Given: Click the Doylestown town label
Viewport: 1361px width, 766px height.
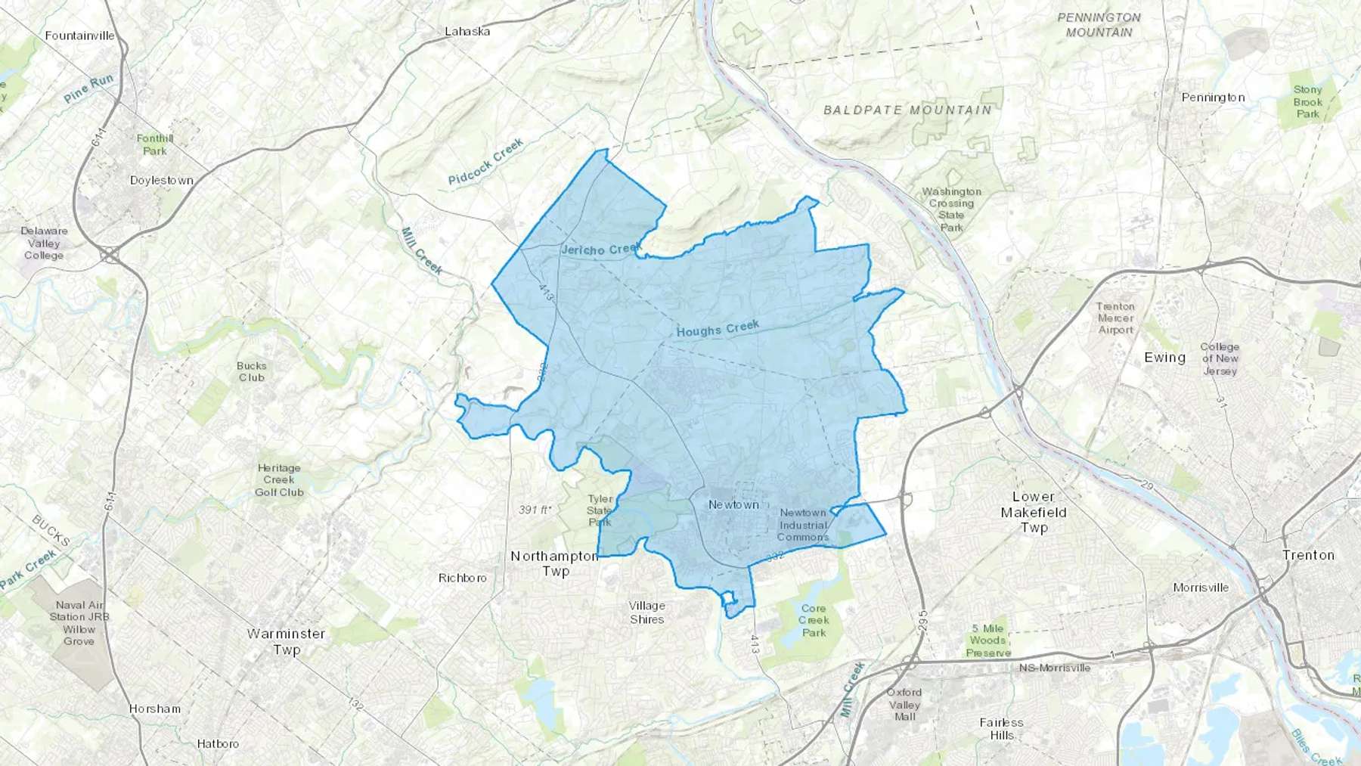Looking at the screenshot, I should (x=161, y=181).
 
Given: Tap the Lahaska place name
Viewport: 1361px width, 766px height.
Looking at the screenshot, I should (x=467, y=32).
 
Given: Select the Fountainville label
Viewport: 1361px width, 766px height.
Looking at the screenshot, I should (x=79, y=36).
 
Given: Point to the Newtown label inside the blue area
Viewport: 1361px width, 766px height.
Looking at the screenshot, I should (x=733, y=504).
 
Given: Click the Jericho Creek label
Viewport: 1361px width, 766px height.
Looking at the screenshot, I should (x=601, y=249).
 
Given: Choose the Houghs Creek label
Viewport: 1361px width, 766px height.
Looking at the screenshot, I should (x=718, y=329).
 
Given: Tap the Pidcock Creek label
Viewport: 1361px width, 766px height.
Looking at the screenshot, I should (x=485, y=162).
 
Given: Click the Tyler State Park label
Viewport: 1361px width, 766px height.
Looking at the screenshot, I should (x=600, y=510).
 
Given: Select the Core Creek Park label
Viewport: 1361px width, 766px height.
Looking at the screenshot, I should (x=814, y=620).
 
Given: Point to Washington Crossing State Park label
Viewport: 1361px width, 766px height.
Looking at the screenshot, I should (x=951, y=209).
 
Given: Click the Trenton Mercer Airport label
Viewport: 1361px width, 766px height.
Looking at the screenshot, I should (x=1115, y=318).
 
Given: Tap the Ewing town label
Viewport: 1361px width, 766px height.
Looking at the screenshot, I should (x=1164, y=358).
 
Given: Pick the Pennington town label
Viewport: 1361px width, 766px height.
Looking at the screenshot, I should (x=1213, y=98).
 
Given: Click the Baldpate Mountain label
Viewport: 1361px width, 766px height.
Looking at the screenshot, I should (x=907, y=110).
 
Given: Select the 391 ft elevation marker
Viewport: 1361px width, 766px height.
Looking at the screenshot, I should (x=535, y=510).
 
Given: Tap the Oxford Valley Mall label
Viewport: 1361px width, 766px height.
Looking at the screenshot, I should (x=904, y=704).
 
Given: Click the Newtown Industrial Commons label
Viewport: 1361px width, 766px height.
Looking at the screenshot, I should (x=803, y=525).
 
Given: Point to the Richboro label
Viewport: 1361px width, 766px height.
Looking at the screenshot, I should (x=463, y=578).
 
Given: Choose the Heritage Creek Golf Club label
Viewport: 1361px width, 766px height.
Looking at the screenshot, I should (x=279, y=480).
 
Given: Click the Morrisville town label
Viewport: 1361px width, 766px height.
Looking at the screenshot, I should (x=1201, y=588).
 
